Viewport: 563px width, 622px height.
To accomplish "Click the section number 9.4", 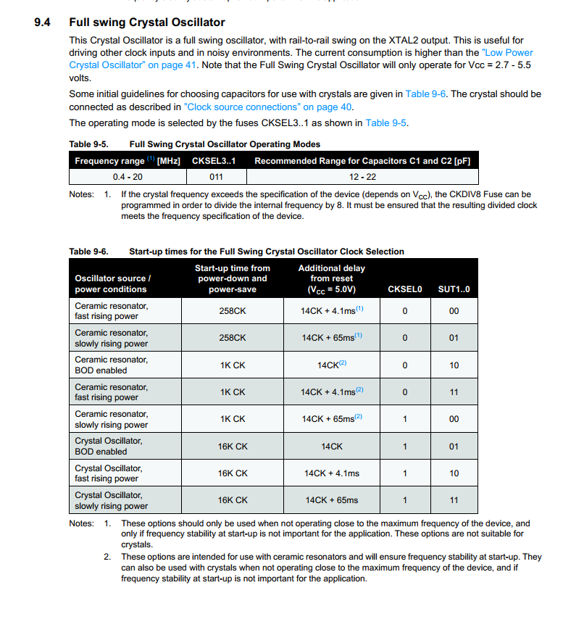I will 42,22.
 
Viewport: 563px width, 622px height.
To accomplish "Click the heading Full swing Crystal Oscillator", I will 147,22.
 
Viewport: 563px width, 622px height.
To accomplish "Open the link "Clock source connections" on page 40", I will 268,107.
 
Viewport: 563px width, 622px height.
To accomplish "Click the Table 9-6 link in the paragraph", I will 427,94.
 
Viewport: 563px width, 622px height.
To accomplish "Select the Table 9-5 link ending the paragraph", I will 386,123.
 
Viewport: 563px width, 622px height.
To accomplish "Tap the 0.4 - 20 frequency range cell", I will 128,176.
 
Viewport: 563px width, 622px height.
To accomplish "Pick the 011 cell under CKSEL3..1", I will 216,176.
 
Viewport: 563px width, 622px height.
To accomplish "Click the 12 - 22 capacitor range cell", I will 362,176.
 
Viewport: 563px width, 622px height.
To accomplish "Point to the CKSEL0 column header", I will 404,289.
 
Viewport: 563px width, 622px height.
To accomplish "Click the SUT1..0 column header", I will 454,289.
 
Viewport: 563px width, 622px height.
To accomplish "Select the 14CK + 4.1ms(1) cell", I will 332,310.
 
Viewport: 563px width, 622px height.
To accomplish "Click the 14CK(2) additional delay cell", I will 332,365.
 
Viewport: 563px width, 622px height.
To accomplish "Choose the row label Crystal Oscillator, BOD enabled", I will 109,446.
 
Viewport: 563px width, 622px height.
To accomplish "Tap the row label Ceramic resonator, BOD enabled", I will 111,365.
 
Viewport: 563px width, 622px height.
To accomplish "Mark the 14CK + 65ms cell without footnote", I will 332,500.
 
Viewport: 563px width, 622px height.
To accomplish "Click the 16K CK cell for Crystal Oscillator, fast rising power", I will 233,473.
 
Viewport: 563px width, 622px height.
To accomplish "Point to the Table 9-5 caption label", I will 88,144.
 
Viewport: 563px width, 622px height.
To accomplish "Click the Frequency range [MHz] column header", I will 127,160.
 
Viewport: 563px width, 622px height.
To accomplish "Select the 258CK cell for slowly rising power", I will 233,338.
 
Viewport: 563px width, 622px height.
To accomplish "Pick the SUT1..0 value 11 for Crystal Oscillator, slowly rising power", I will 454,500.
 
